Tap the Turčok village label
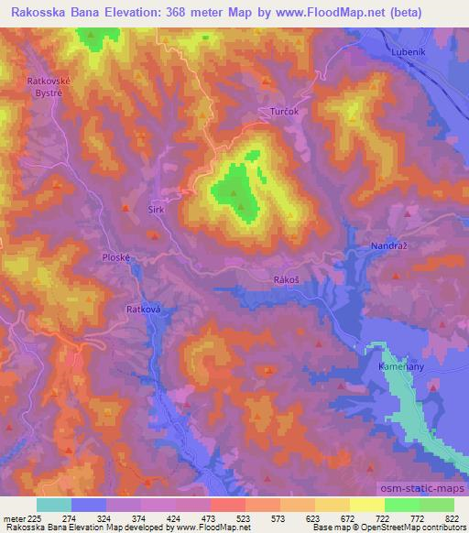285,111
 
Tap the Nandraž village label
388,246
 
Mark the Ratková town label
144,310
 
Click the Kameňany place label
399,364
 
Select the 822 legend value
453,517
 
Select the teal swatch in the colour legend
53,505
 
